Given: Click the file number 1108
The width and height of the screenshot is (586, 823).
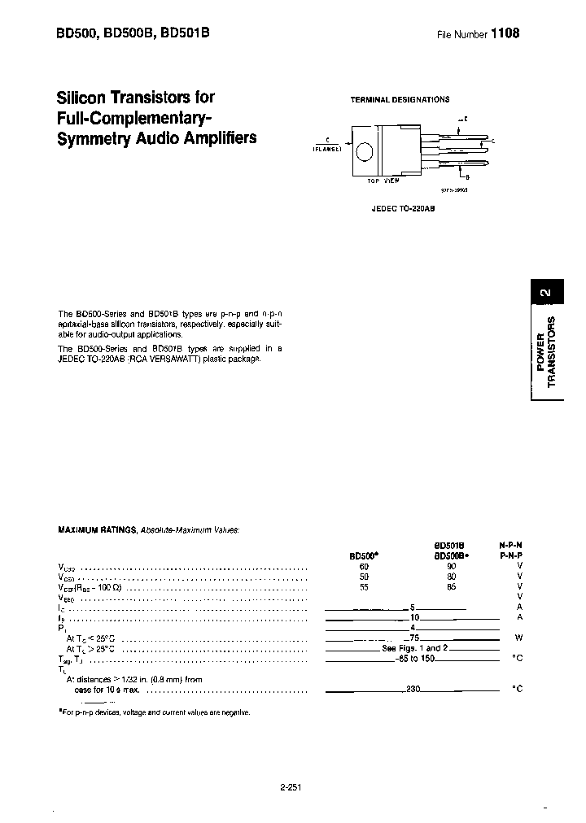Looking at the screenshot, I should tap(504, 34).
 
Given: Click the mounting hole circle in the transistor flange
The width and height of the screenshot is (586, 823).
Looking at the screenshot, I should tap(366, 152).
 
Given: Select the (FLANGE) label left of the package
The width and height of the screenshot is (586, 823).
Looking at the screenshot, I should tap(326, 149).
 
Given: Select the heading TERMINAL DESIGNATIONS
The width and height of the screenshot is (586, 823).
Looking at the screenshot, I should tap(400, 99).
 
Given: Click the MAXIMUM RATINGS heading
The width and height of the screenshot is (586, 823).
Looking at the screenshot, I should tap(97, 529).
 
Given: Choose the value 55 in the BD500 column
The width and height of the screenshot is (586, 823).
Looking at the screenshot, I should tap(364, 586).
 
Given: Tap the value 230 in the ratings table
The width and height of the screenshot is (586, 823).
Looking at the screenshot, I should tap(413, 689).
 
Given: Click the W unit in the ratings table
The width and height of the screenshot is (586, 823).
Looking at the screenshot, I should tap(518, 638).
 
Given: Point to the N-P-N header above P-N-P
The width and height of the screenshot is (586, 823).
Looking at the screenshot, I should tap(510, 544).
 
